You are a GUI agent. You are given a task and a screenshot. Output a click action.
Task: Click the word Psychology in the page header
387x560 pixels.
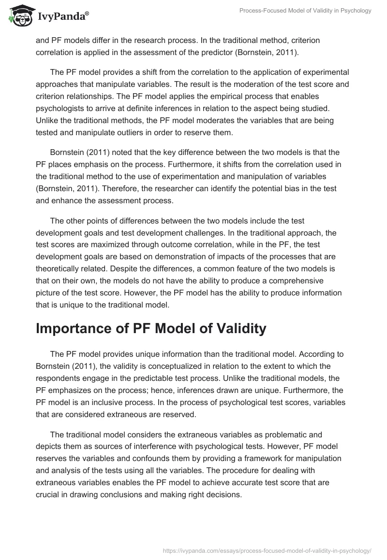tap(354, 11)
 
